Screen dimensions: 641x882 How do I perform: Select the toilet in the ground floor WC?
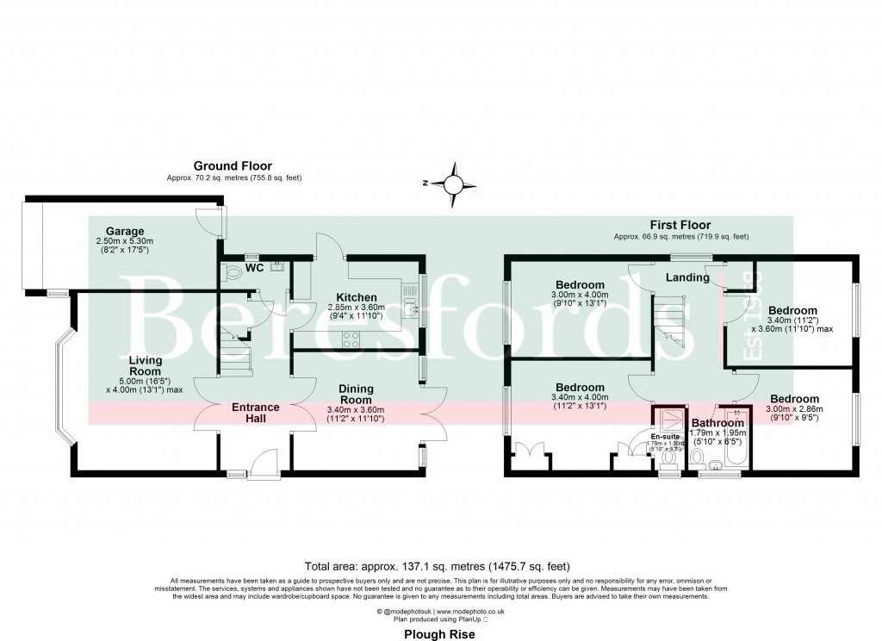point(230,273)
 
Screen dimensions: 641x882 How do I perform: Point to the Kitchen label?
point(357,297)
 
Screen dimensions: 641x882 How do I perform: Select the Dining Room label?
point(356,394)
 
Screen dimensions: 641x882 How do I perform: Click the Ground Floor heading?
point(233,165)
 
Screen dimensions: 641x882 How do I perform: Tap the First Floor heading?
point(680,225)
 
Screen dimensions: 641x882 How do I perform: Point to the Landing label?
point(687,277)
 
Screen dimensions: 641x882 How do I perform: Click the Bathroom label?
point(717,423)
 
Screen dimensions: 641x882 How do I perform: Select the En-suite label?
point(665,437)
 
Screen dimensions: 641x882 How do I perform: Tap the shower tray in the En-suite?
point(669,420)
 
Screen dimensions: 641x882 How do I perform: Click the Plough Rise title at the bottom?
point(440,632)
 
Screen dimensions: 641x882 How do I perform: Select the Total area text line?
point(440,566)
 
